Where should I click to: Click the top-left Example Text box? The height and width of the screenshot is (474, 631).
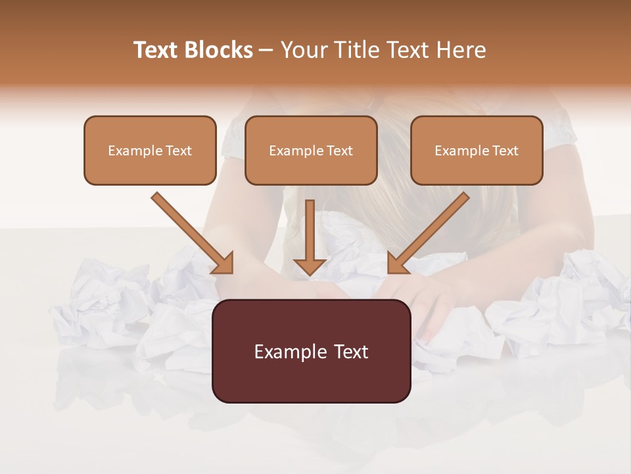(x=150, y=150)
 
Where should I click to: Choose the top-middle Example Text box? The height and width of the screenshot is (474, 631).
(x=311, y=150)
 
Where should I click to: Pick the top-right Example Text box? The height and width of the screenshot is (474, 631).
(x=477, y=150)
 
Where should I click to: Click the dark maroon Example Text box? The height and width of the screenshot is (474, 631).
(x=311, y=351)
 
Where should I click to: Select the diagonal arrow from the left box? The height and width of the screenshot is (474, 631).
(x=191, y=232)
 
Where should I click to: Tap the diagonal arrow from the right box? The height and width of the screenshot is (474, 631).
(x=430, y=232)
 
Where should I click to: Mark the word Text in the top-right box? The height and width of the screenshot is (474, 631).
(x=505, y=151)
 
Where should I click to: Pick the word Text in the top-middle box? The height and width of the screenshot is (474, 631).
(x=339, y=151)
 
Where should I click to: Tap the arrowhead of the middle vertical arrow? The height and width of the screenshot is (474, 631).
(x=310, y=265)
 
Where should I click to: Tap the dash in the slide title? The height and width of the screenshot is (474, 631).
(x=266, y=51)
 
